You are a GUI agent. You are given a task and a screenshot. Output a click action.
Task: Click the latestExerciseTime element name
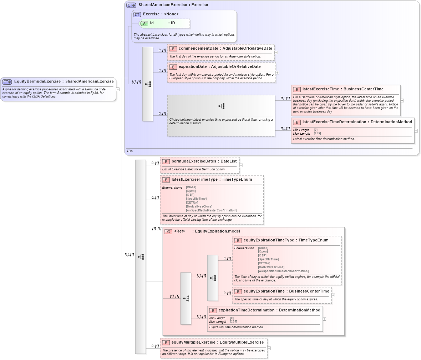[x=318, y=89]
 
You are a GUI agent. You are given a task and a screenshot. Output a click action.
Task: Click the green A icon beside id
[x=144, y=23]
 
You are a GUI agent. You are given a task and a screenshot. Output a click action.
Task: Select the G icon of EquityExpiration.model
[x=168, y=231]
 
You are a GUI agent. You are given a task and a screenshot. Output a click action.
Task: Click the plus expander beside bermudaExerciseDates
[x=241, y=165]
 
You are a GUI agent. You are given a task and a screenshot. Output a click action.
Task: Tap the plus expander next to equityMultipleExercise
[x=269, y=348]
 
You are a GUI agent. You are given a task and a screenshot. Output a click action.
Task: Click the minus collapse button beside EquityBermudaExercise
[x=118, y=89]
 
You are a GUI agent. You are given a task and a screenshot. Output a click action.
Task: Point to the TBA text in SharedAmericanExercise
[x=130, y=151]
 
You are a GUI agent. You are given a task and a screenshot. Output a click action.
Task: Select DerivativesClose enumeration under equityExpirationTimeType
[x=271, y=267]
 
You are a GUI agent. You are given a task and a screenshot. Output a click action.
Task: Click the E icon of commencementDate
[x=173, y=49]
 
